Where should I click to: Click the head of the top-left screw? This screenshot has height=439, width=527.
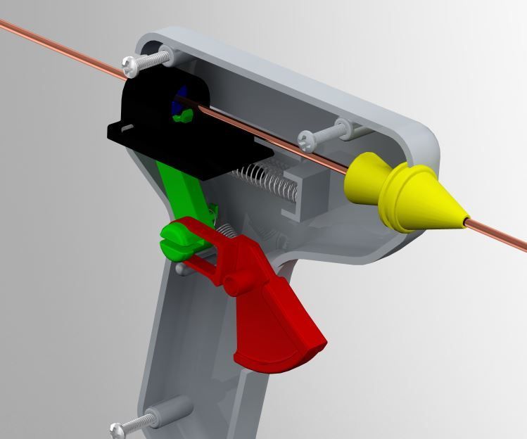[132, 65]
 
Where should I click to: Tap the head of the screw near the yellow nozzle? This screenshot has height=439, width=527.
[308, 139]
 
